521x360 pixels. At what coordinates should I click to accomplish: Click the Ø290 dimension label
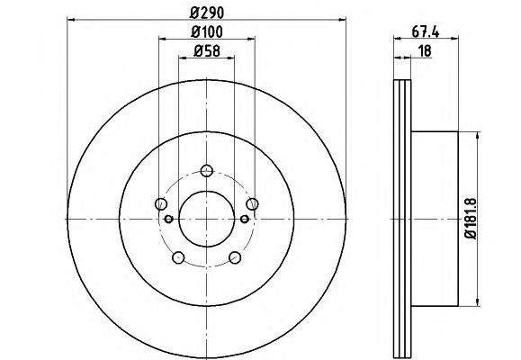[207, 13]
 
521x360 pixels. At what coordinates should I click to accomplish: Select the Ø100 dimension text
[207, 31]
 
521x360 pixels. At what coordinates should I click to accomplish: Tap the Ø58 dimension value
[207, 51]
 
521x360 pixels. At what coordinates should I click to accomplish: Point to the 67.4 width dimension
[426, 32]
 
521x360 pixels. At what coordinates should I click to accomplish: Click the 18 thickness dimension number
[425, 51]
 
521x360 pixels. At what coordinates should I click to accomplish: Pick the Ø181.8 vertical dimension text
[471, 219]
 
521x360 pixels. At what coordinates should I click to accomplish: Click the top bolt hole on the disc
[207, 170]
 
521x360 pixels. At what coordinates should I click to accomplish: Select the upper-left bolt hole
[161, 203]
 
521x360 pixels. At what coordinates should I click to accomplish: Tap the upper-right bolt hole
[252, 203]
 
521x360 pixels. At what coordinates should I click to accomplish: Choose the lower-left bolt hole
[178, 257]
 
